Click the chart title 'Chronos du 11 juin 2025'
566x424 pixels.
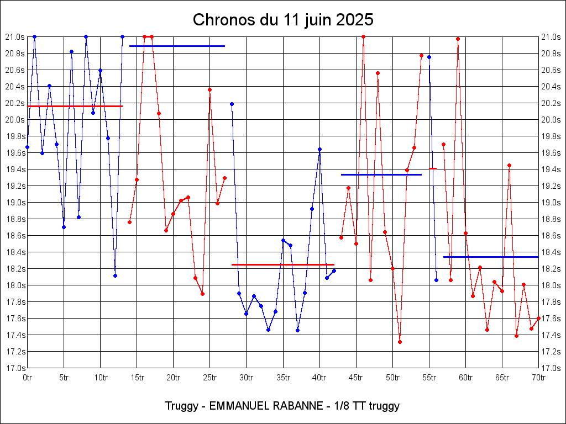pyautogui.click(x=283, y=20)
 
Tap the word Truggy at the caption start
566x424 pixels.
pyautogui.click(x=181, y=406)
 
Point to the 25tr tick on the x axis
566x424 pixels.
pyautogui.click(x=210, y=378)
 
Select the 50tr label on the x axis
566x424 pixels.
pyautogui.click(x=392, y=378)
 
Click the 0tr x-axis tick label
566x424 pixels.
pyautogui.click(x=27, y=378)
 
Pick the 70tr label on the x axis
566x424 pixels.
pyautogui.click(x=538, y=378)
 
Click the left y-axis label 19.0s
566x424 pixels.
pyautogui.click(x=15, y=203)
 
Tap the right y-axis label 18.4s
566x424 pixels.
pyautogui.click(x=551, y=252)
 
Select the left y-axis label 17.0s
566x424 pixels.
pyautogui.click(x=15, y=368)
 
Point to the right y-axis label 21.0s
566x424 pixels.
pyautogui.click(x=551, y=37)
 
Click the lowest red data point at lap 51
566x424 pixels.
pyautogui.click(x=400, y=342)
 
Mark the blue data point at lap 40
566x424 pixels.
pyautogui.click(x=319, y=149)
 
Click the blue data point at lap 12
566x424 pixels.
pyautogui.click(x=115, y=275)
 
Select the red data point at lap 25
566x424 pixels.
pyautogui.click(x=209, y=89)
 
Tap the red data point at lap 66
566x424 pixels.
pyautogui.click(x=509, y=165)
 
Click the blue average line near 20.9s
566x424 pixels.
pyautogui.click(x=177, y=46)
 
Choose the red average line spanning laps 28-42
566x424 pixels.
pyautogui.click(x=283, y=264)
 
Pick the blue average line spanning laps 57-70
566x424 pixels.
pyautogui.click(x=491, y=257)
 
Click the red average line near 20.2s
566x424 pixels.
pyautogui.click(x=75, y=106)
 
